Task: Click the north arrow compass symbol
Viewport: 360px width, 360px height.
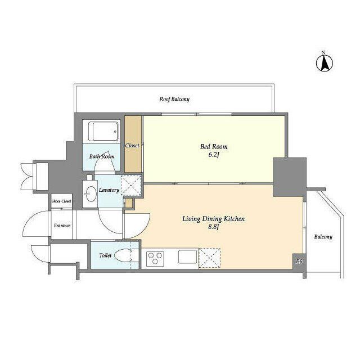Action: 325,63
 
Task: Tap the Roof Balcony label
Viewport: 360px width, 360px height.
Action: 174,99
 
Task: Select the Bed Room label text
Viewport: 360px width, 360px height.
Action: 214,146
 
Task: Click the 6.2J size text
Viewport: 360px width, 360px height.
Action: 214,155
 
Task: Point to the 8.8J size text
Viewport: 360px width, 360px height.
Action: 214,227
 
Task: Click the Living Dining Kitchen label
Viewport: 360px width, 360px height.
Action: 214,219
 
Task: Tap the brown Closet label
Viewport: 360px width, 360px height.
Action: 132,146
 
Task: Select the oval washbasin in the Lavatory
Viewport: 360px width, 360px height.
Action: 91,193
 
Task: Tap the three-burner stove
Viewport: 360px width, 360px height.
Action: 155,259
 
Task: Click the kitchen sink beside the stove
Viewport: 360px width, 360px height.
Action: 188,256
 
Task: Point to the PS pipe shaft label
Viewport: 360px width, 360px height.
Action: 299,262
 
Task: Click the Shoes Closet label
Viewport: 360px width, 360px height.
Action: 61,201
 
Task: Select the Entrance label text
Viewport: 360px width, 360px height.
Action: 62,226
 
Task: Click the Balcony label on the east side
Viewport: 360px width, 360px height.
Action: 323,237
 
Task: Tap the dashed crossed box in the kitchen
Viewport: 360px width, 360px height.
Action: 209,258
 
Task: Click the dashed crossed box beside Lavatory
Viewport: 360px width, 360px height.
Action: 131,186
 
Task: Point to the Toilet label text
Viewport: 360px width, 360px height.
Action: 105,255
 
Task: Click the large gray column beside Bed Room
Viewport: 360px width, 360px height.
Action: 290,177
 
